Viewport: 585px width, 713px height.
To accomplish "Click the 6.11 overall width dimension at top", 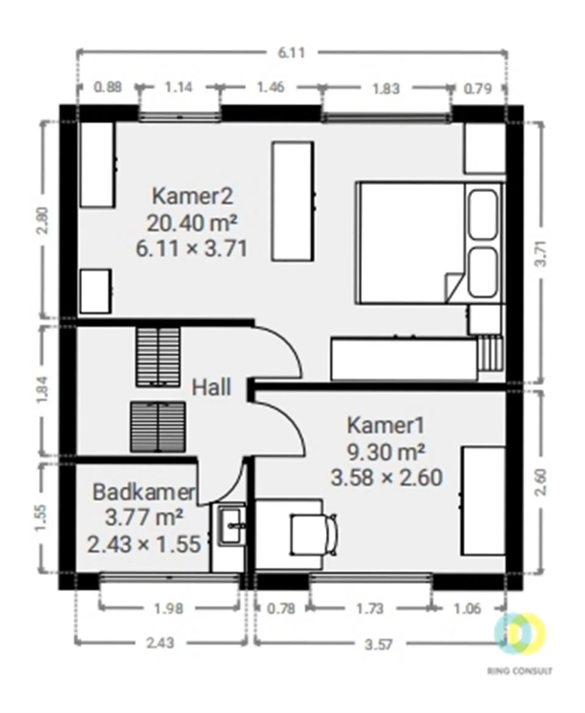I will coord(291,53).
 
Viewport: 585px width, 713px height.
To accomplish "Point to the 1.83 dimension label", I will coord(386,89).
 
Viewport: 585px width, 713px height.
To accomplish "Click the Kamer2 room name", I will coord(193,196).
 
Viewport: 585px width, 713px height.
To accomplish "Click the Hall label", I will coord(211,387).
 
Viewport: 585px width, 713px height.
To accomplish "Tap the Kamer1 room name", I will coord(386,425).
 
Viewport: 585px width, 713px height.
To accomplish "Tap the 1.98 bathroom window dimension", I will coord(168,608).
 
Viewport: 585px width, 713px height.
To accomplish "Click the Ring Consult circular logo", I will coord(519,633).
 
